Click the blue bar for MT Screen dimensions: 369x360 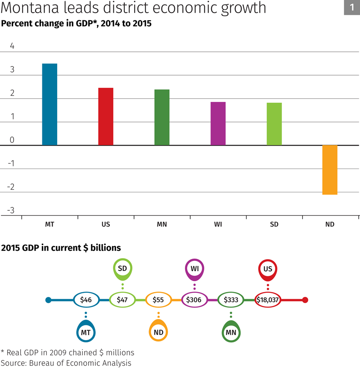[x=49, y=104]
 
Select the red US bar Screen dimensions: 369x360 [x=106, y=116]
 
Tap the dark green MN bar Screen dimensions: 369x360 [x=162, y=117]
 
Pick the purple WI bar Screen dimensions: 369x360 [x=218, y=123]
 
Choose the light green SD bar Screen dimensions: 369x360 [x=274, y=124]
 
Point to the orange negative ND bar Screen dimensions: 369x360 [x=330, y=170]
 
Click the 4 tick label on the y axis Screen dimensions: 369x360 [x=12, y=46]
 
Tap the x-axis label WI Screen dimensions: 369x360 [x=218, y=224]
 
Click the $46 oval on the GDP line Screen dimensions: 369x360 [x=86, y=300]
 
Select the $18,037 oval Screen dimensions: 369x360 [x=268, y=300]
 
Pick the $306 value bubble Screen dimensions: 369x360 [x=194, y=300]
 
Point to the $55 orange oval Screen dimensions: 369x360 [x=158, y=300]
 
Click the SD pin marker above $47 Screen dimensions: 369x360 [x=122, y=269]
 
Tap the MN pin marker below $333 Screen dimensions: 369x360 [x=231, y=332]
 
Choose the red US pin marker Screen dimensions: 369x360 [x=268, y=269]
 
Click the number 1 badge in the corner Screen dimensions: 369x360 [x=351, y=7]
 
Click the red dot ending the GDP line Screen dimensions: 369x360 [x=305, y=300]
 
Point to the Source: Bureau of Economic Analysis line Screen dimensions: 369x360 [x=66, y=362]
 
